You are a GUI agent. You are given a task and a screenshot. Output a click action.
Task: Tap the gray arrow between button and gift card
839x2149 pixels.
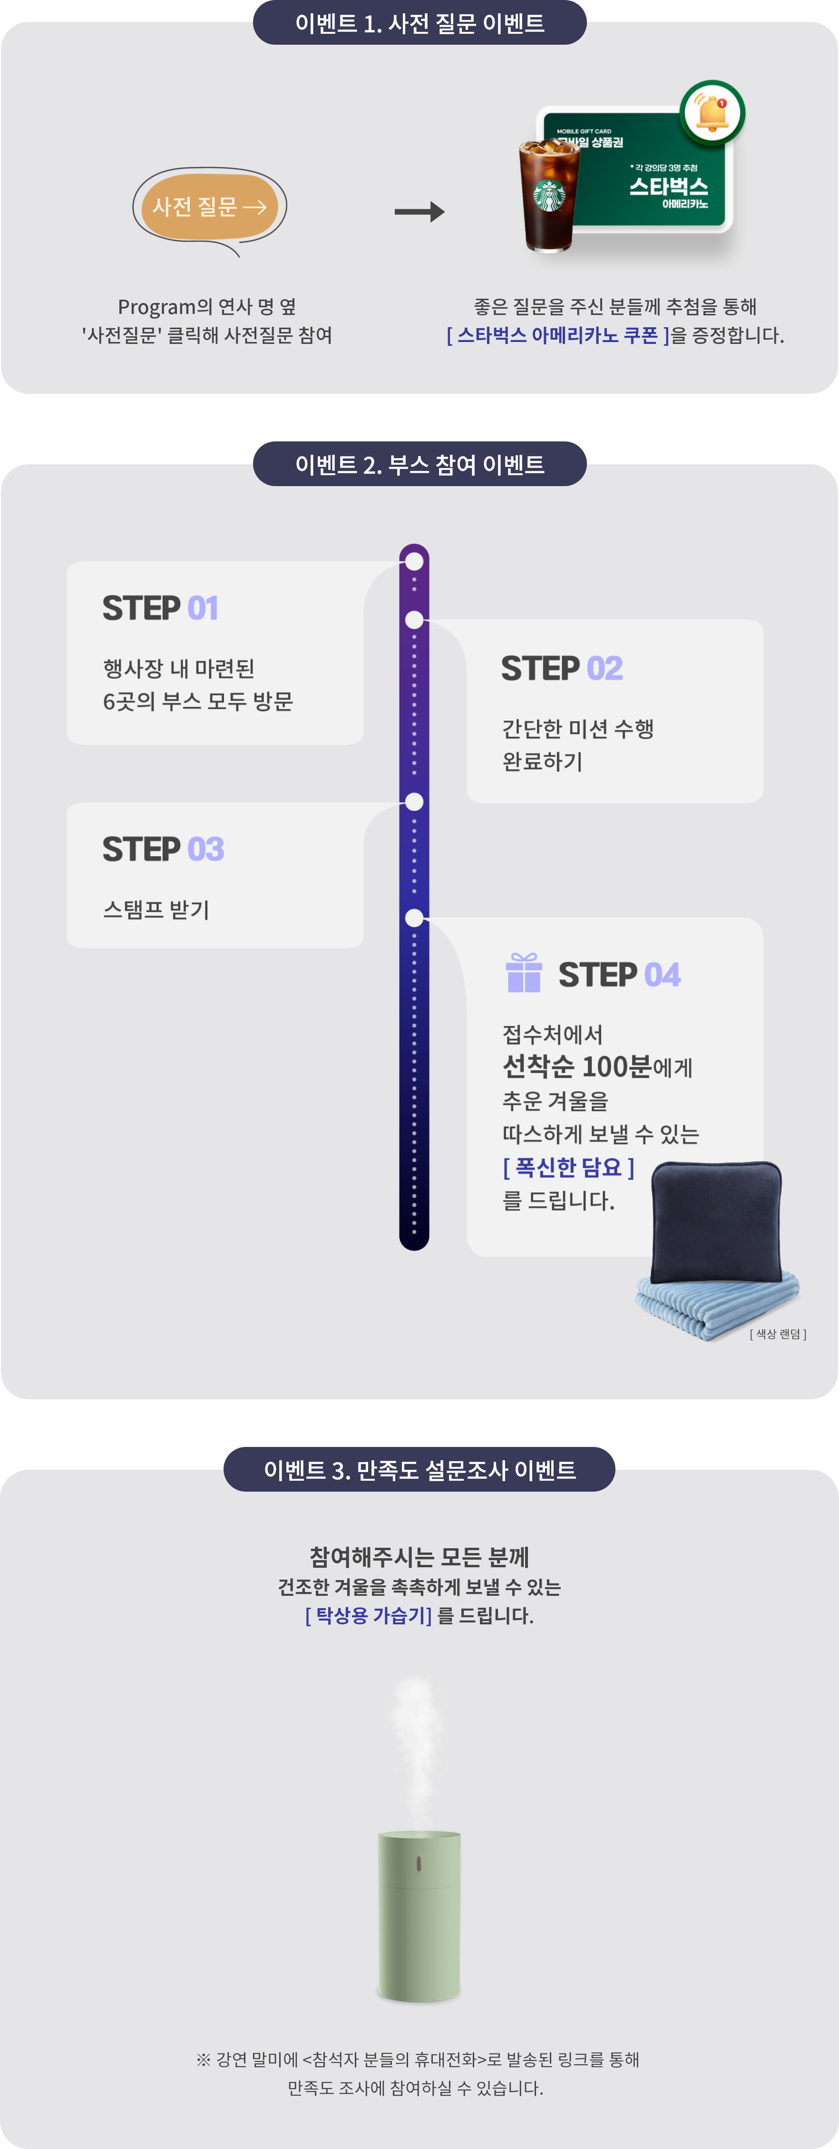pos(419,212)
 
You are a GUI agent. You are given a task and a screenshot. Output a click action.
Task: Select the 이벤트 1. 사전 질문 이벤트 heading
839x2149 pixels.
pos(419,22)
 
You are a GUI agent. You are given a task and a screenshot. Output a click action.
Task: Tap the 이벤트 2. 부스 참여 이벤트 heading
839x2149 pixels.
pos(419,464)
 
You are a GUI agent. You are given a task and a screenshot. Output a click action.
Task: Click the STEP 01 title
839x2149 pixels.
pos(160,608)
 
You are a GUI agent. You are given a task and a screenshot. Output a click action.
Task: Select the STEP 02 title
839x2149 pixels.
pos(561,668)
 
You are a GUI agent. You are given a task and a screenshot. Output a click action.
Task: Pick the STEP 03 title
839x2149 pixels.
pos(163,849)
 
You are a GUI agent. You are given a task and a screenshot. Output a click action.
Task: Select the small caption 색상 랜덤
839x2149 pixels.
pos(777,1334)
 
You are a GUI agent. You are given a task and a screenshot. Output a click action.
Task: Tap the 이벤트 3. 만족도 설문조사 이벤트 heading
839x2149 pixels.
pos(419,1469)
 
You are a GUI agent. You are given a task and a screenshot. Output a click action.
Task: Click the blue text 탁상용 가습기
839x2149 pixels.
pos(369,1615)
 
